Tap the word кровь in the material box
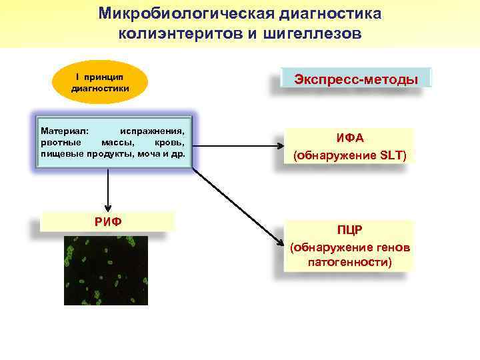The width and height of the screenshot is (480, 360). coord(169,142)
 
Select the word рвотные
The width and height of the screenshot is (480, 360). coord(61,142)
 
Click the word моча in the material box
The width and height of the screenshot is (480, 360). coord(154,153)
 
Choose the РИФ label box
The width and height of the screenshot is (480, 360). coord(107,221)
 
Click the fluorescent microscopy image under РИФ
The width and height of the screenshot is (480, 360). coord(105,268)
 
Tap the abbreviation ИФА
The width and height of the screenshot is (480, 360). coord(349,139)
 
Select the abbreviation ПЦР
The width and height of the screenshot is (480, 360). coord(349,231)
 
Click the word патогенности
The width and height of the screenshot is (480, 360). coord(349,263)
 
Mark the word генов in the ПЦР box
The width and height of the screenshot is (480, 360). coord(395,247)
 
